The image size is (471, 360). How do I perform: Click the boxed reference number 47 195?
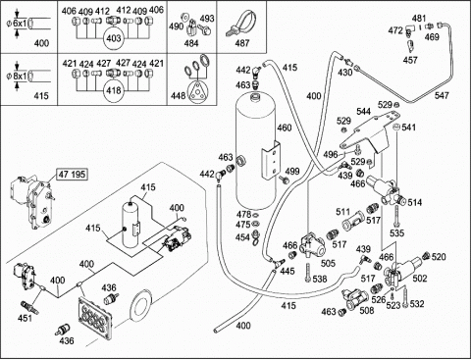73,175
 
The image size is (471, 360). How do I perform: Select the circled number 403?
114,38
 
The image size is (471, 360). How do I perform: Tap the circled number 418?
114,91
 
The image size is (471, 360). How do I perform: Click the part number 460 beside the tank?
285,128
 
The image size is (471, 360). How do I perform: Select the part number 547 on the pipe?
442,95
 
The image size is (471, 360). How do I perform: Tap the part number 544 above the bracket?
364,112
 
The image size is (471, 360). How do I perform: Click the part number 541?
409,127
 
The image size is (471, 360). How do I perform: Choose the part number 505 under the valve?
328,263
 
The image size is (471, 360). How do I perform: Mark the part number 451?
26,318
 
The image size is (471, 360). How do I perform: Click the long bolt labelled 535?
396,215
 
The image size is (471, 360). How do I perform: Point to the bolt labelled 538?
307,273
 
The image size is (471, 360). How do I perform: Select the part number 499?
292,171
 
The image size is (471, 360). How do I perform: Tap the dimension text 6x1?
22,24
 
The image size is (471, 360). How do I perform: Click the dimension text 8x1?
22,77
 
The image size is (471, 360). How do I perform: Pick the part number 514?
415,203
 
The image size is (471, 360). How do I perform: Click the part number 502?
420,279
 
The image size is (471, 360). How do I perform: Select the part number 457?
410,60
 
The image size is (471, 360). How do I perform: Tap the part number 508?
367,310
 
